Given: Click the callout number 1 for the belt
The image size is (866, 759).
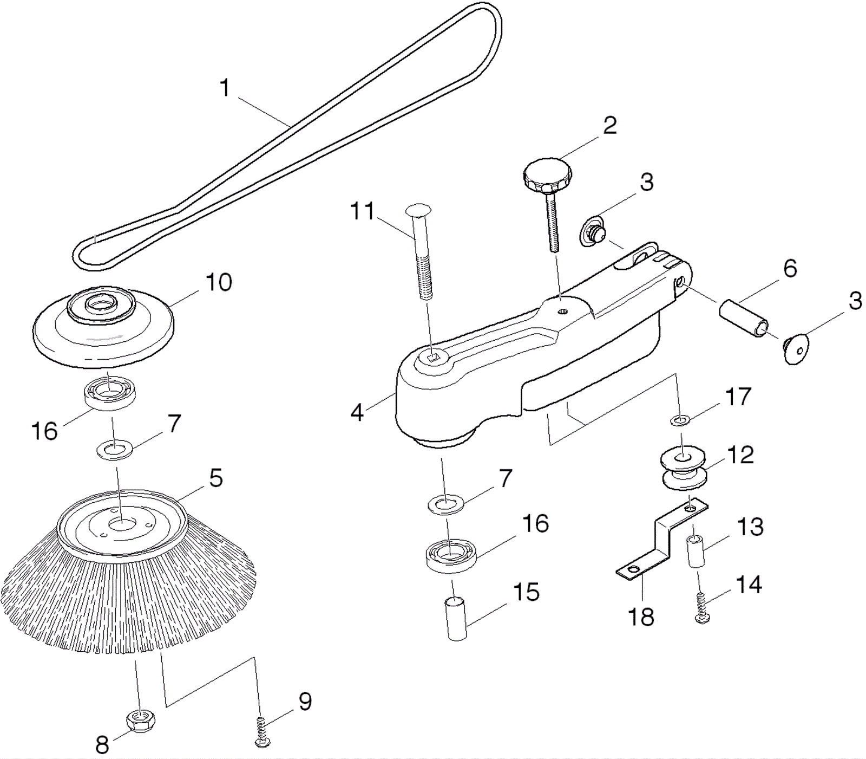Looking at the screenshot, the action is tap(225, 88).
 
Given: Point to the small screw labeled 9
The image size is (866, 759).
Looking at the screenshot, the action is tap(262, 731).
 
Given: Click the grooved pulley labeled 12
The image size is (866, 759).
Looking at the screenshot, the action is tap(684, 469).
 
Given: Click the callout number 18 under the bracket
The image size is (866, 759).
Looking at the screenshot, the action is tap(641, 617).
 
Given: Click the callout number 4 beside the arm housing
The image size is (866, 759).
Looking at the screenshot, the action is tap(357, 413).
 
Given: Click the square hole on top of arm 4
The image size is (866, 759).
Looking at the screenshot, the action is tap(432, 356).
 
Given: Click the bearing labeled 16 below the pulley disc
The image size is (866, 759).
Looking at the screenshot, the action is tap(110, 392).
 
